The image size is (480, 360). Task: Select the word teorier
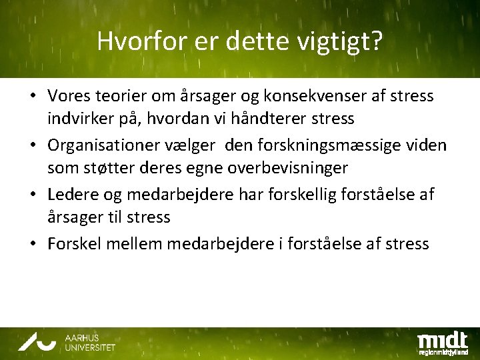click(x=117, y=97)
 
